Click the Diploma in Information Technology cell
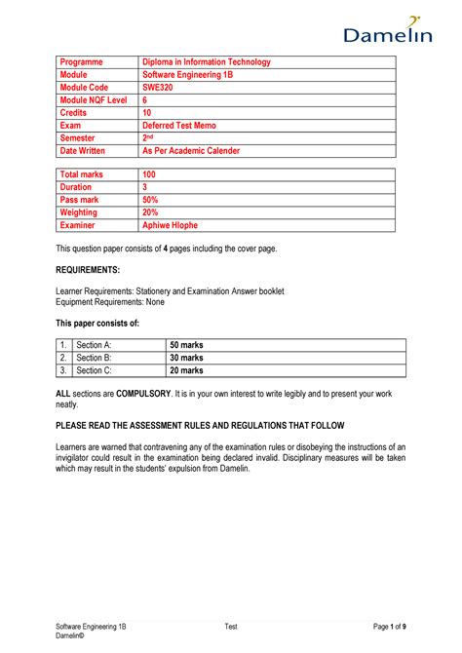click(x=206, y=62)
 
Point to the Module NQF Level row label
click(x=94, y=100)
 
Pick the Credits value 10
click(x=149, y=113)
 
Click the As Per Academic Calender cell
click(x=191, y=151)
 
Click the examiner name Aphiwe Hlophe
click(x=175, y=224)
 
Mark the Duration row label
click(x=76, y=187)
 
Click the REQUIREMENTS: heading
click(x=88, y=268)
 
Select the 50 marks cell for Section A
click(x=187, y=345)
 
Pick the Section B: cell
click(x=95, y=358)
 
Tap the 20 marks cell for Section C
click(x=187, y=370)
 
